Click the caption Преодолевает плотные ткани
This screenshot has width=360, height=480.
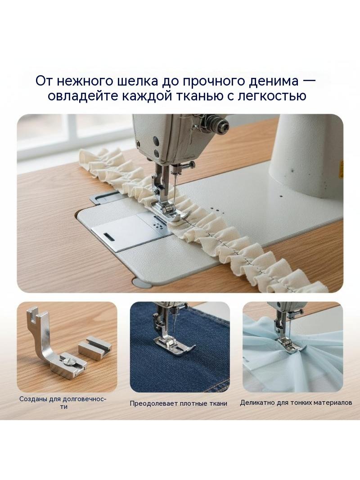pos(178,403)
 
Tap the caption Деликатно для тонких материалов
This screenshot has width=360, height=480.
pos(296,403)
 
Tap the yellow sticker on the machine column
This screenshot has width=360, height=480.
pos(342,169)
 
